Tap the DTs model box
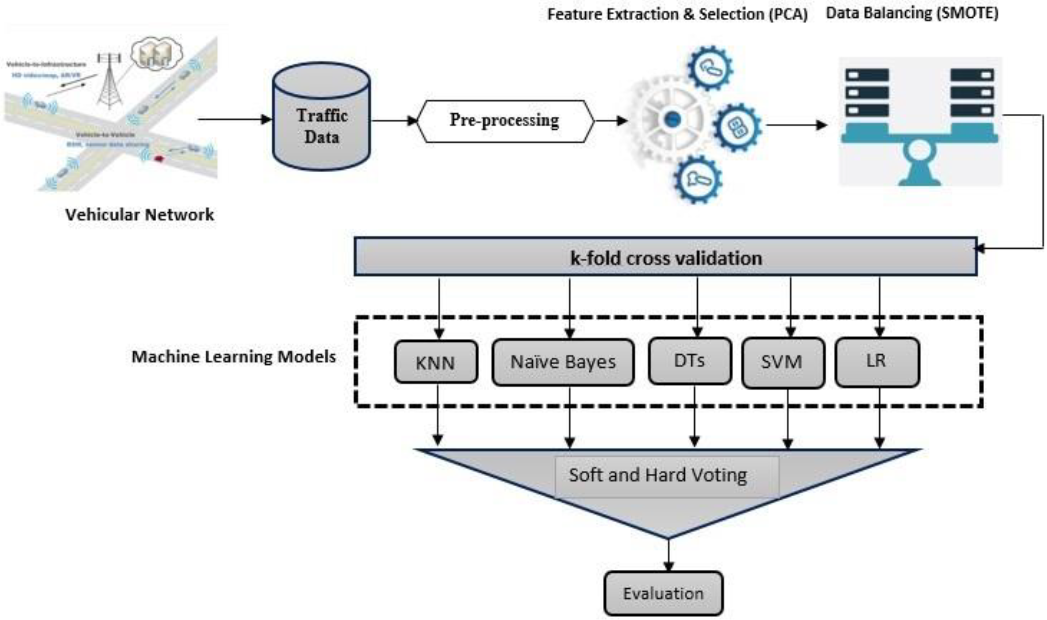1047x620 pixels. tap(690, 360)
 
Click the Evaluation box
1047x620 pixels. tap(663, 593)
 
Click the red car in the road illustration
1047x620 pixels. tap(159, 158)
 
